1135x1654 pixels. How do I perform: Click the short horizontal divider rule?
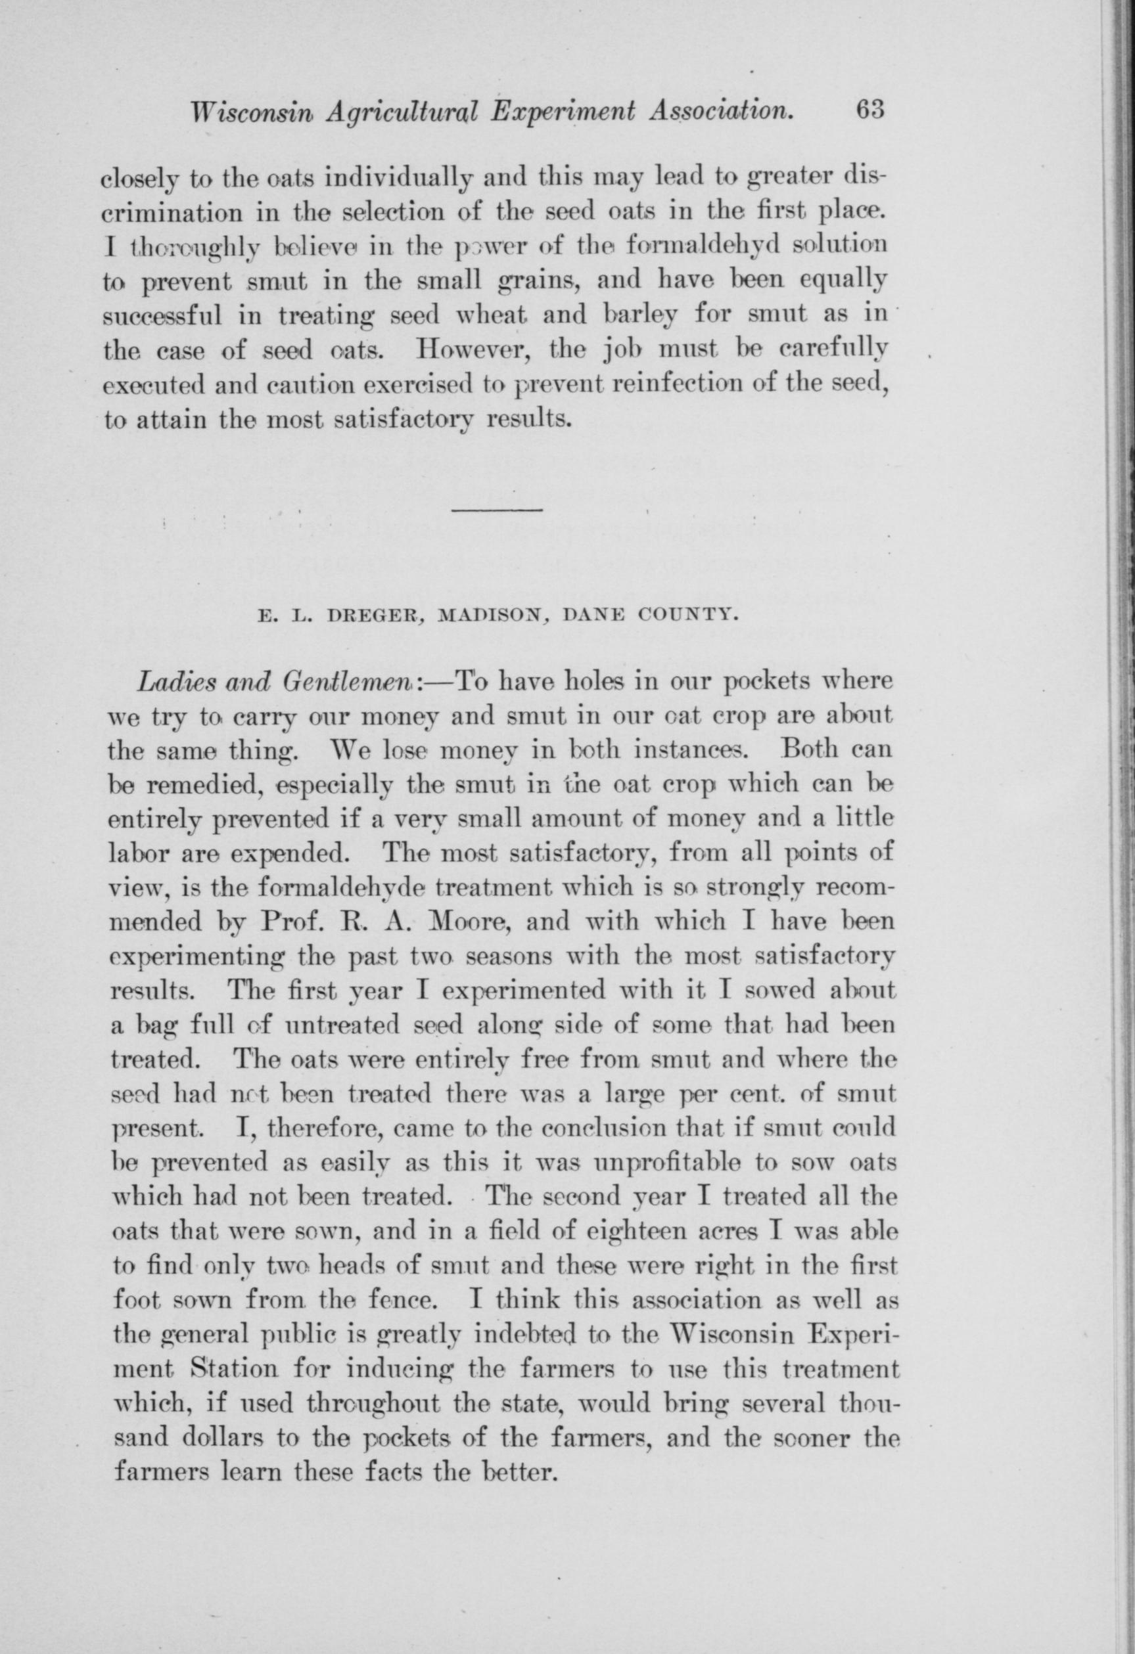[497, 510]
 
